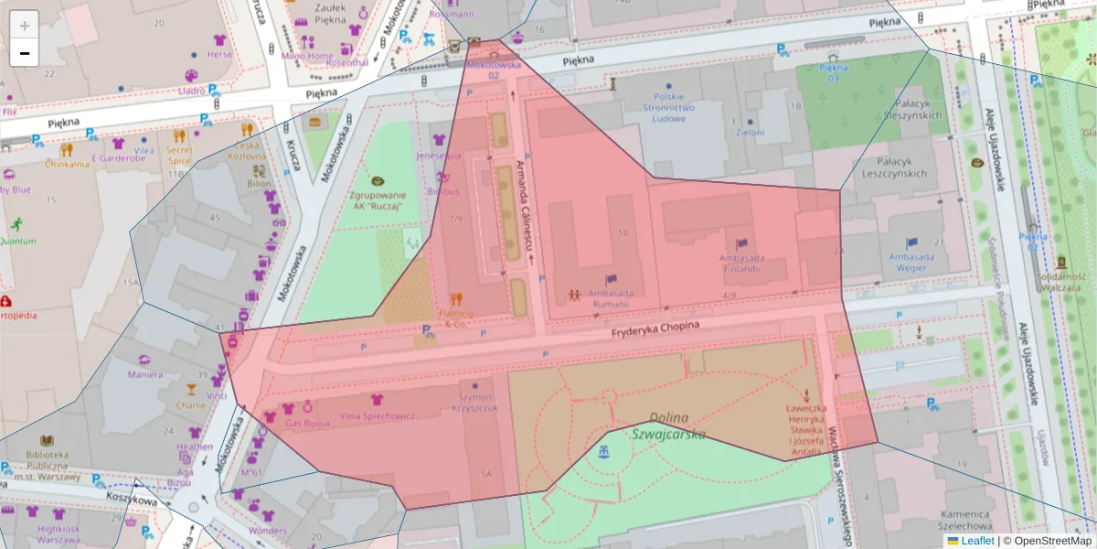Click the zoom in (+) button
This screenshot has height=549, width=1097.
(x=25, y=26)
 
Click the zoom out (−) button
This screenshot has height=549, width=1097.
(x=25, y=53)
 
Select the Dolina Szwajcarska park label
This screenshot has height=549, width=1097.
(x=668, y=425)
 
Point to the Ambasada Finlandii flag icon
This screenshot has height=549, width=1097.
(x=740, y=244)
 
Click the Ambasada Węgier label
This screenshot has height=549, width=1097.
(x=911, y=263)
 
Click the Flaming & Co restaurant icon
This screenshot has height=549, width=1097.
(x=456, y=298)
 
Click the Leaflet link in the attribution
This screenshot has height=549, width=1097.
(x=976, y=541)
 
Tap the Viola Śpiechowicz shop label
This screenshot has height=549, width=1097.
(x=378, y=416)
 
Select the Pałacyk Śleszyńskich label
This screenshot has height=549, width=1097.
(x=899, y=110)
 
